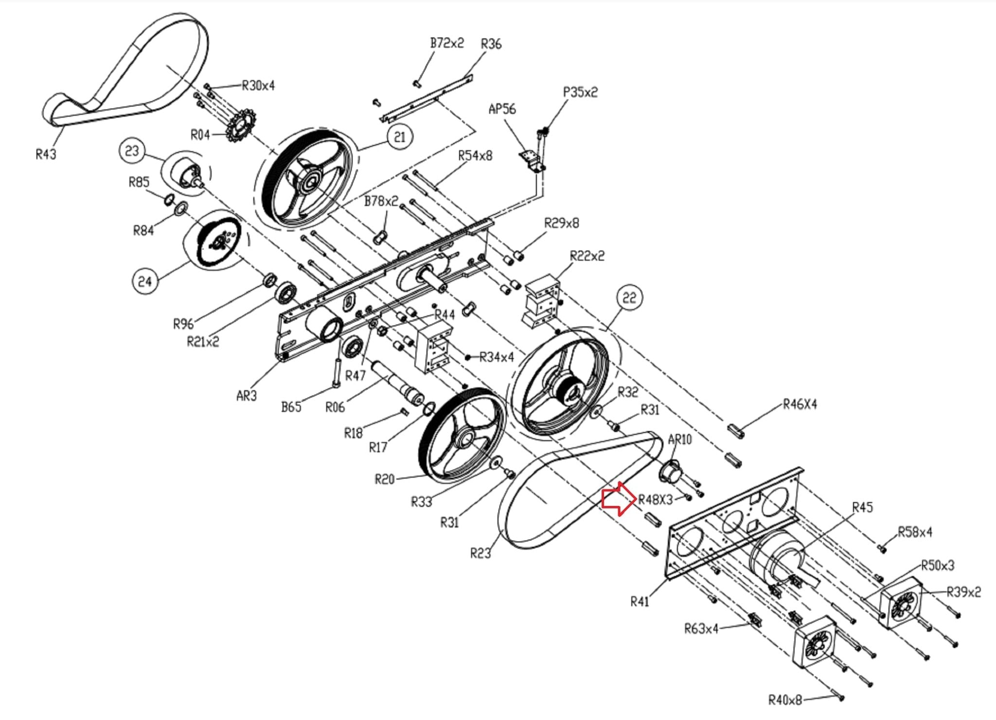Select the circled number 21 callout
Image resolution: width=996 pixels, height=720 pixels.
[x=399, y=137]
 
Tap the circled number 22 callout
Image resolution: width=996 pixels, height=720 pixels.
[x=629, y=297]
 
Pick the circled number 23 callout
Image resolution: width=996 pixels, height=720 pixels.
[x=132, y=151]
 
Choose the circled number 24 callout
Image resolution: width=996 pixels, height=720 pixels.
[x=145, y=281]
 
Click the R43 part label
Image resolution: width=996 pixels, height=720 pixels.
[x=46, y=154]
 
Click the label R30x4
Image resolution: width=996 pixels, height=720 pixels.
[x=258, y=86]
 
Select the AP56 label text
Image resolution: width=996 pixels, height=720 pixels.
[x=502, y=109]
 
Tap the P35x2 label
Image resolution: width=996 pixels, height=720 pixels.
[x=580, y=92]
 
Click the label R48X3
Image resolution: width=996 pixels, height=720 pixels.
[x=655, y=500]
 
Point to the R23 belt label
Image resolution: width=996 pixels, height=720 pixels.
[x=480, y=553]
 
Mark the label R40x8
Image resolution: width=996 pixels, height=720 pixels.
[x=785, y=700]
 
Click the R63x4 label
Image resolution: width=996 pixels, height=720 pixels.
[x=701, y=629]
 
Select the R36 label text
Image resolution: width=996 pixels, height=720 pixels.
[x=491, y=44]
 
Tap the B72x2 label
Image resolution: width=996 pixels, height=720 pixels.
[x=447, y=43]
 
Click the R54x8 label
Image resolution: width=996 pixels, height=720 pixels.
[x=475, y=156]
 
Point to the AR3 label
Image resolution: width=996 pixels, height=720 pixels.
[x=247, y=396]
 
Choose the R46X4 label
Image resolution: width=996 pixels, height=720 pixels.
[x=800, y=404]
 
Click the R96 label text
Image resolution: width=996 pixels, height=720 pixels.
[x=183, y=324]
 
